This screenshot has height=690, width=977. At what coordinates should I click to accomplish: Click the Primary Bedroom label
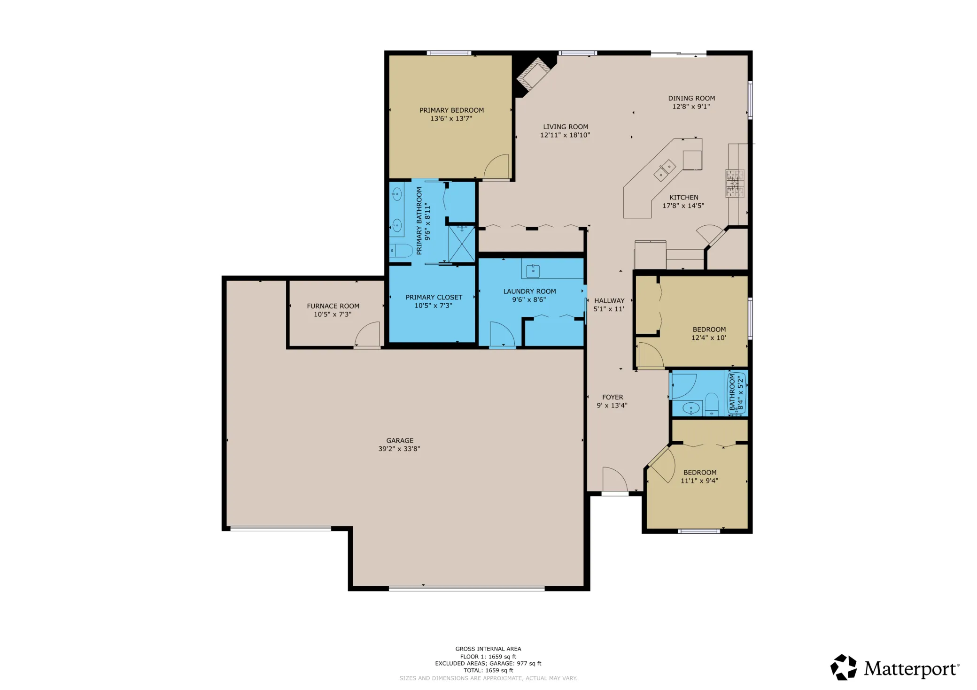coord(451,110)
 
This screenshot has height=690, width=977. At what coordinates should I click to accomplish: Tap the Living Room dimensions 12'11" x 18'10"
coord(565,135)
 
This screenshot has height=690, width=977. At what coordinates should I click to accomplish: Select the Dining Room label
coord(691,98)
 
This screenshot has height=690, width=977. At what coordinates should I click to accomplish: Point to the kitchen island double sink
coord(665,170)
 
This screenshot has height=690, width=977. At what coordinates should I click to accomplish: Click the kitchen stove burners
coord(735,183)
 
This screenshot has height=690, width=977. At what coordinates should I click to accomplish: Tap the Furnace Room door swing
coord(367,334)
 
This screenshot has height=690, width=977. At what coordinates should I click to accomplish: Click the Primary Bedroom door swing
coord(496,167)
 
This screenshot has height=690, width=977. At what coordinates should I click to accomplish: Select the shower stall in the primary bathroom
coord(462,244)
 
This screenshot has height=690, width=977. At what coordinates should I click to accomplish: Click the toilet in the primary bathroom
coord(401,251)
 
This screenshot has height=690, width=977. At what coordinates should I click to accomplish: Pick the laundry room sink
coord(533,271)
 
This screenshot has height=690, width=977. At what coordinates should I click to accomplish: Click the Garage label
coord(400,440)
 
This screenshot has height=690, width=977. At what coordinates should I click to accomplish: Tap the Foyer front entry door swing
coord(615,479)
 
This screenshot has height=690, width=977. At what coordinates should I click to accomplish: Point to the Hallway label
coord(609,300)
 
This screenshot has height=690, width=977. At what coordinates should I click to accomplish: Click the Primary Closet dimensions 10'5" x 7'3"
coord(433,306)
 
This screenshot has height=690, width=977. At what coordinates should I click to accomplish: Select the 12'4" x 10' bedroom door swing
coord(651,355)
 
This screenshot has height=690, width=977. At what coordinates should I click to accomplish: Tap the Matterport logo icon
coord(843,667)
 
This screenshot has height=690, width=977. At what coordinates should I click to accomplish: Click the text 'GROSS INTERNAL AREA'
coord(488,649)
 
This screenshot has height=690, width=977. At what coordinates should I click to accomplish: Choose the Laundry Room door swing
coord(503,334)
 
